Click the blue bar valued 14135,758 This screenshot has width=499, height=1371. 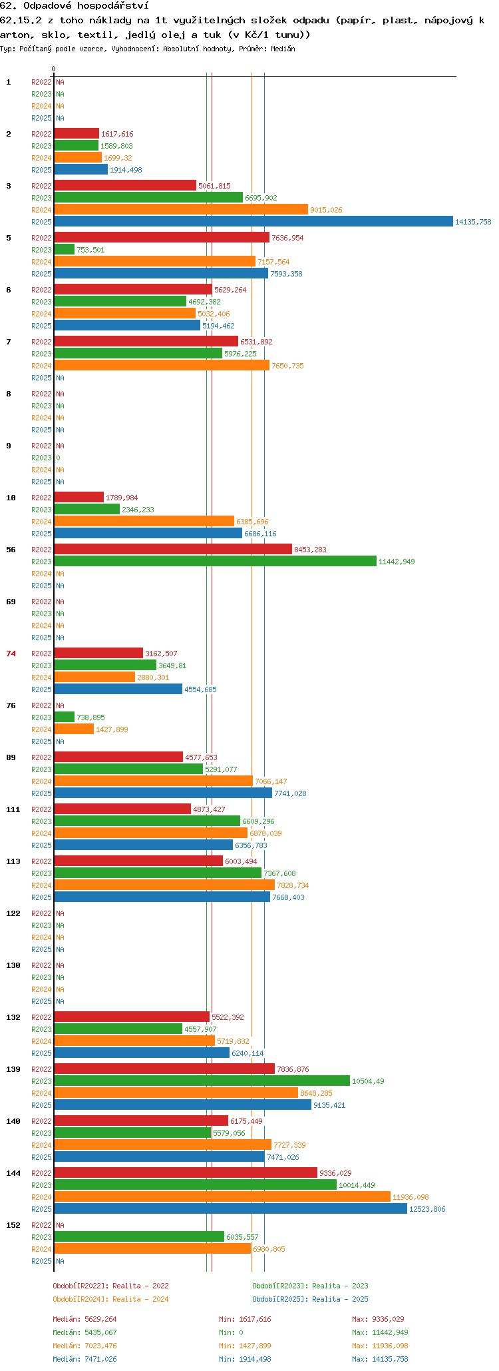253,222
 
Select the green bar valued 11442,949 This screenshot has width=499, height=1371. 216,562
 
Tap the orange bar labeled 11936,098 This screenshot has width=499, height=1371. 222,1197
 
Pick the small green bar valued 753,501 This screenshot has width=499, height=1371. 65,250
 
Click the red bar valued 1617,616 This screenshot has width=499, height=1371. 77,134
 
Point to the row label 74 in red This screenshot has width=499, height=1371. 11,654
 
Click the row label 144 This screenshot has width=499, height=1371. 13,1173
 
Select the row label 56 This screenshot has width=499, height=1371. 11,550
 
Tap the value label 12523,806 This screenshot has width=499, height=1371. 427,1209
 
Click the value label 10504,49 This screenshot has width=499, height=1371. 368,1081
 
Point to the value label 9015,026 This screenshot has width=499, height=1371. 326,210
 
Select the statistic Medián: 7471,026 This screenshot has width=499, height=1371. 84,1359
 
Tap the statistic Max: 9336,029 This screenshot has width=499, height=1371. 378,1319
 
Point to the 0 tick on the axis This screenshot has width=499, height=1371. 54,69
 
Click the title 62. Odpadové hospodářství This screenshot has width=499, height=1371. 75,6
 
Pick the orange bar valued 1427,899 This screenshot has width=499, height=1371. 74,729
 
